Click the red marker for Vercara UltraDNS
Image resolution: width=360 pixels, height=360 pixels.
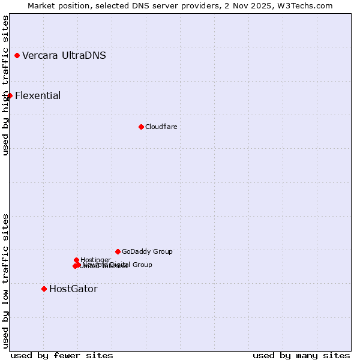click(x=17, y=56)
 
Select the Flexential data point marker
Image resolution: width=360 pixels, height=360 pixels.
click(x=10, y=95)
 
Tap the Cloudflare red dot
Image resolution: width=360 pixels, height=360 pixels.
click(x=141, y=127)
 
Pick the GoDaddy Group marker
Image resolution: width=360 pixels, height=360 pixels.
click(x=118, y=251)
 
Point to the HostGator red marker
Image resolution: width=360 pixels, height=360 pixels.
click(x=44, y=289)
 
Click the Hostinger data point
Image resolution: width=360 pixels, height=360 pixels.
click(x=76, y=260)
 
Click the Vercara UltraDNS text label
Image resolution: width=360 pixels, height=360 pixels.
click(x=64, y=56)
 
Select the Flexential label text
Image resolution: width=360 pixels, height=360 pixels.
click(x=38, y=96)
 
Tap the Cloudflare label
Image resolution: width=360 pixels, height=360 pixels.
click(x=161, y=127)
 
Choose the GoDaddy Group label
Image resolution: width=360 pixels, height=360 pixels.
click(x=147, y=252)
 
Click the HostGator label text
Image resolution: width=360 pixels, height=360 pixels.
click(x=73, y=289)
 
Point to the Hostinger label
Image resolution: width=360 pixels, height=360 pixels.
click(x=95, y=260)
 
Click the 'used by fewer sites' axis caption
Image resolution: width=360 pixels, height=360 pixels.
click(x=62, y=355)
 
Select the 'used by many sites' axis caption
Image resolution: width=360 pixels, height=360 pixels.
click(x=301, y=355)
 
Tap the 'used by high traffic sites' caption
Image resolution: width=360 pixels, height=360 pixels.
click(x=5, y=85)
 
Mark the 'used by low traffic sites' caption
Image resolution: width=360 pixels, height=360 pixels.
click(x=5, y=280)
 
